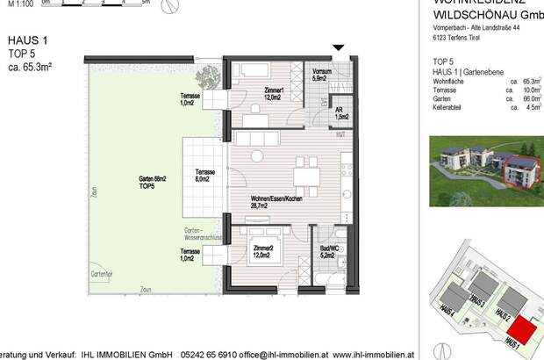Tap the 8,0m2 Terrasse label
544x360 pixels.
[x=205, y=176]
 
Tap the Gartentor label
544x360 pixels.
[x=101, y=274]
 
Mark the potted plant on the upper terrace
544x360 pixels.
[x=207, y=76]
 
